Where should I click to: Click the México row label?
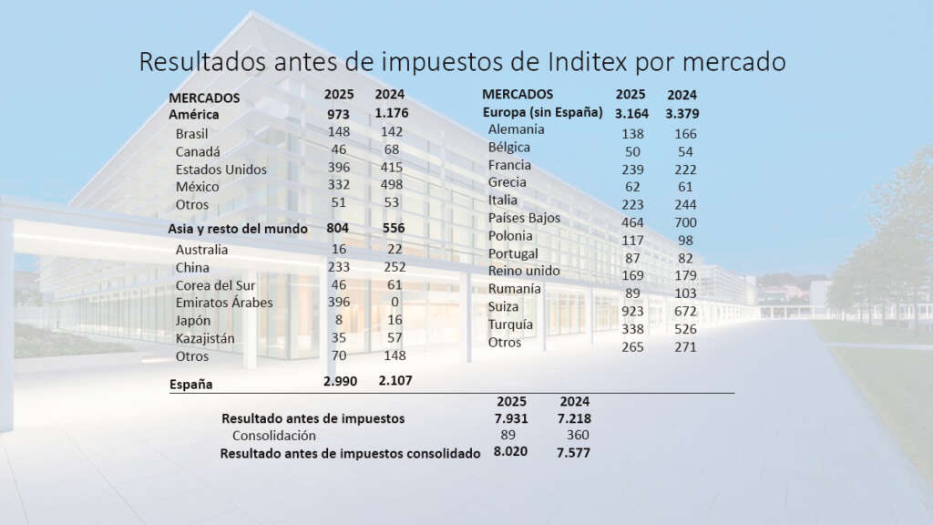[x=197, y=187]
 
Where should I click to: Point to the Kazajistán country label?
[x=206, y=338]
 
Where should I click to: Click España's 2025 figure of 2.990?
[x=343, y=380]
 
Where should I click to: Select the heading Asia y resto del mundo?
[x=238, y=229]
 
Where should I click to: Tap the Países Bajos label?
[x=524, y=218]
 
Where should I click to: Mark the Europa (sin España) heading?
[x=542, y=112]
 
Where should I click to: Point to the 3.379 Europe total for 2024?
[x=682, y=114]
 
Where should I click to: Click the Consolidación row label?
[x=274, y=436]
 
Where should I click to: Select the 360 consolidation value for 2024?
[x=577, y=436]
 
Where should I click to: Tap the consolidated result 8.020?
[x=510, y=452]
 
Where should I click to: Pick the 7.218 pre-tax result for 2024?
[x=574, y=418]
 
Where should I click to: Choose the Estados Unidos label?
[x=221, y=170]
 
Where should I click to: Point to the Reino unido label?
[x=524, y=271]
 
